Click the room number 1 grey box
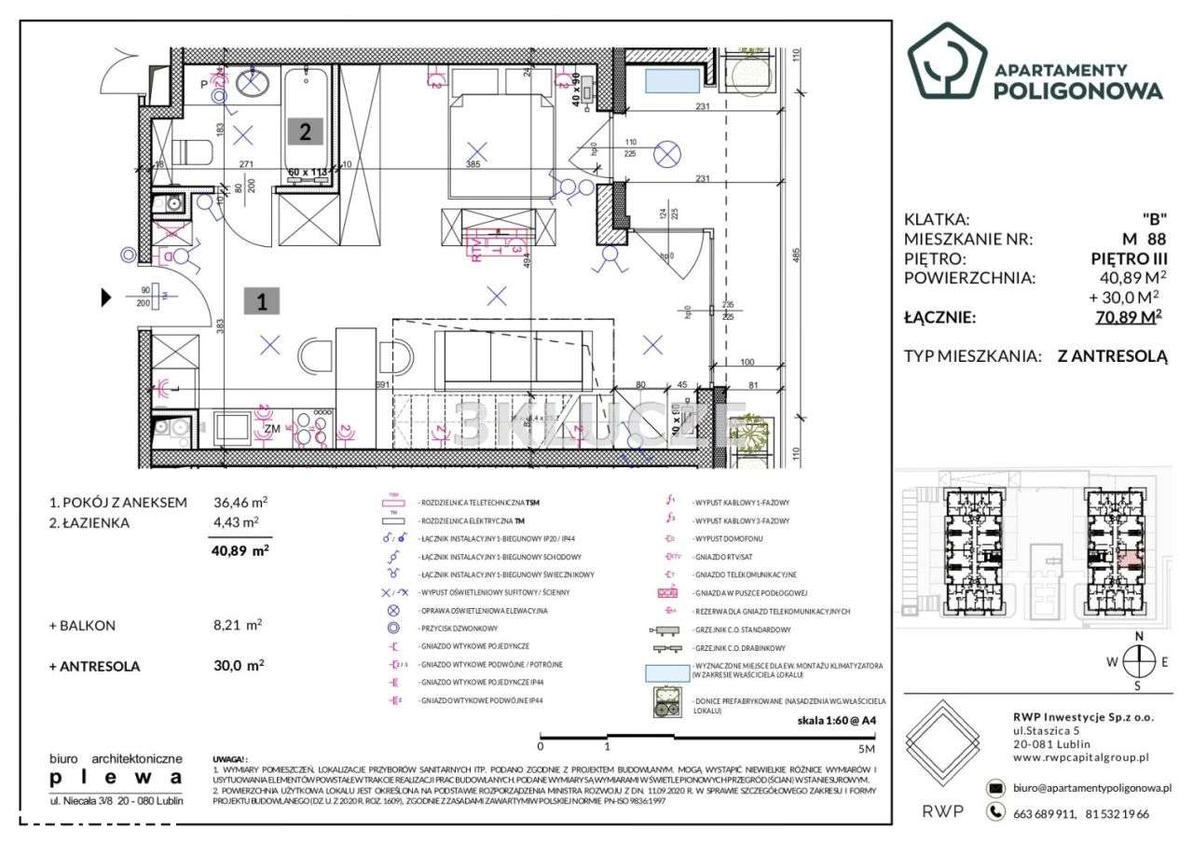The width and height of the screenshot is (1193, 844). click(x=262, y=301)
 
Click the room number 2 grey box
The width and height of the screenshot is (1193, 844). click(x=305, y=131)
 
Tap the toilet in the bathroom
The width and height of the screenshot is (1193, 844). click(x=193, y=151)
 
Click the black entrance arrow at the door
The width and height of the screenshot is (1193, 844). click(x=106, y=298)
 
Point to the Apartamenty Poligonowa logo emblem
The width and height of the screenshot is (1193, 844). click(x=946, y=61)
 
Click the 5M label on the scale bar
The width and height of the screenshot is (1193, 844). click(x=867, y=748)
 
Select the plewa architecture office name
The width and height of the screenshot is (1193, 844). click(x=116, y=777)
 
